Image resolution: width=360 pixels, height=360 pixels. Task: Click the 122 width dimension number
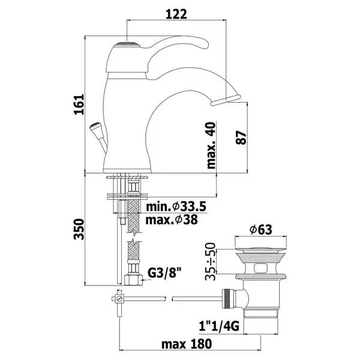(x=176, y=14)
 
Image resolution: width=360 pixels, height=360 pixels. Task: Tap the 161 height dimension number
(x=79, y=104)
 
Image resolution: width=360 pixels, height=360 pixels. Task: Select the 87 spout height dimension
(x=241, y=137)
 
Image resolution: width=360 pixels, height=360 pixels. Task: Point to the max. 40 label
(x=211, y=145)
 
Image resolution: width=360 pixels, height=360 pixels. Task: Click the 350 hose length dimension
(x=79, y=229)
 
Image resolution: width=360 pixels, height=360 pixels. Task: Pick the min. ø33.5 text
(x=176, y=206)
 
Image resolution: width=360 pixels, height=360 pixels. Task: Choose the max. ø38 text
(x=172, y=220)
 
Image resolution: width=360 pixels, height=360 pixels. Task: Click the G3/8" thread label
(x=164, y=273)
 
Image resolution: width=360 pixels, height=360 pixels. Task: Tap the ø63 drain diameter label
(x=261, y=229)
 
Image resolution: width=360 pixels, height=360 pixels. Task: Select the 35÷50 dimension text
(x=211, y=262)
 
